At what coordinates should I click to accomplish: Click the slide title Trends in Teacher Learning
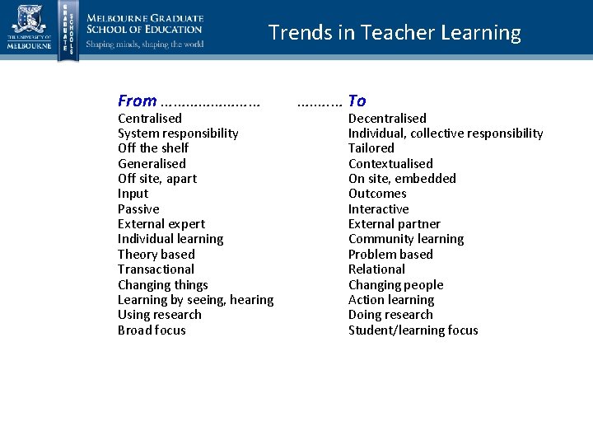[395, 33]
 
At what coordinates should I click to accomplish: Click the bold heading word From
[137, 101]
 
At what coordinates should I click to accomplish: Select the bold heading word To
[357, 101]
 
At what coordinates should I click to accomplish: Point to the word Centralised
[149, 119]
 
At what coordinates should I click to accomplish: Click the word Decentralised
[387, 119]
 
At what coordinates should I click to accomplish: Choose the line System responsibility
[178, 133]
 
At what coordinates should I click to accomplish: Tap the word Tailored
[371, 148]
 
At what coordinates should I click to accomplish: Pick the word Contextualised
[390, 163]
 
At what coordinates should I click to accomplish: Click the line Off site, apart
[157, 179]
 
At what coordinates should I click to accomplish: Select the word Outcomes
[377, 194]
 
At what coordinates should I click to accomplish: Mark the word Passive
[138, 209]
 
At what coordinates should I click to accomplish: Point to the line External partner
[394, 224]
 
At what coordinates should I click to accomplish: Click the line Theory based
[156, 255]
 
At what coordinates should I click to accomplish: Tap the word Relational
[376, 269]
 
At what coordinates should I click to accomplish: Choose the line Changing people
[395, 285]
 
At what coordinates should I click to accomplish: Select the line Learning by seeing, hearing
[195, 300]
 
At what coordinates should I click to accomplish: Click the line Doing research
[391, 315]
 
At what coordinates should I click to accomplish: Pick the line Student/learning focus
[413, 330]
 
